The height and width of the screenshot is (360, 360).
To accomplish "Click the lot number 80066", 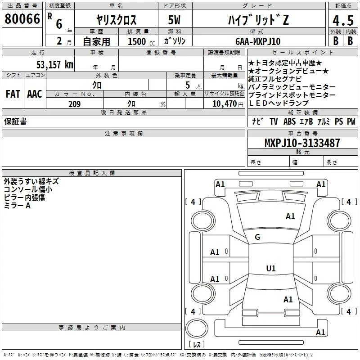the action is pyautogui.click(x=22, y=19).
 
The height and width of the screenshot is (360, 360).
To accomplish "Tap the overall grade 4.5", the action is pyautogui.click(x=343, y=20).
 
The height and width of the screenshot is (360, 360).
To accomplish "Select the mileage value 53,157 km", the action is pyautogui.click(x=55, y=64).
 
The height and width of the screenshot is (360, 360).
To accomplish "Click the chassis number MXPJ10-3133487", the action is pyautogui.click(x=302, y=143).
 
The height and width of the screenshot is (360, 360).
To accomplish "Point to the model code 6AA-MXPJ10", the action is pyautogui.click(x=258, y=41).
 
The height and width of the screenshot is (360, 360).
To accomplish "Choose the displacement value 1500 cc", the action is pyautogui.click(x=141, y=41).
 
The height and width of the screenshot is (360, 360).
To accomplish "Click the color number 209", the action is pyautogui.click(x=74, y=104).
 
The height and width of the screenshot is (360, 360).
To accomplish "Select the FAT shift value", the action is pyautogui.click(x=13, y=94).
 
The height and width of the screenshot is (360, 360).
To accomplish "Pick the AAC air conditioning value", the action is pyautogui.click(x=35, y=94).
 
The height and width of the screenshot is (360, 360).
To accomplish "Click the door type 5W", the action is pyautogui.click(x=174, y=20).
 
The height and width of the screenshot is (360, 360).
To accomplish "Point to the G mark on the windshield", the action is pyautogui.click(x=257, y=237).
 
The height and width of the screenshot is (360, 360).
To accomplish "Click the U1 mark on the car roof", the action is pyautogui.click(x=271, y=268).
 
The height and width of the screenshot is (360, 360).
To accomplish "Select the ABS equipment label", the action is pyautogui.click(x=289, y=121).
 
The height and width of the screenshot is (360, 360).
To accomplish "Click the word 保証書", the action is pyautogui.click(x=15, y=121).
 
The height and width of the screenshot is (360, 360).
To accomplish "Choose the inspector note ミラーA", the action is pyautogui.click(x=17, y=206).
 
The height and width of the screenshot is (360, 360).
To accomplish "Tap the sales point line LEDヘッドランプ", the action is pyautogui.click(x=279, y=103).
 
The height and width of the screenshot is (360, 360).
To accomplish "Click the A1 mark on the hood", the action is pyautogui.click(x=290, y=216).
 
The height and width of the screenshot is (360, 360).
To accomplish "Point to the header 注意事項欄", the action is pyautogui.click(x=124, y=133).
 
